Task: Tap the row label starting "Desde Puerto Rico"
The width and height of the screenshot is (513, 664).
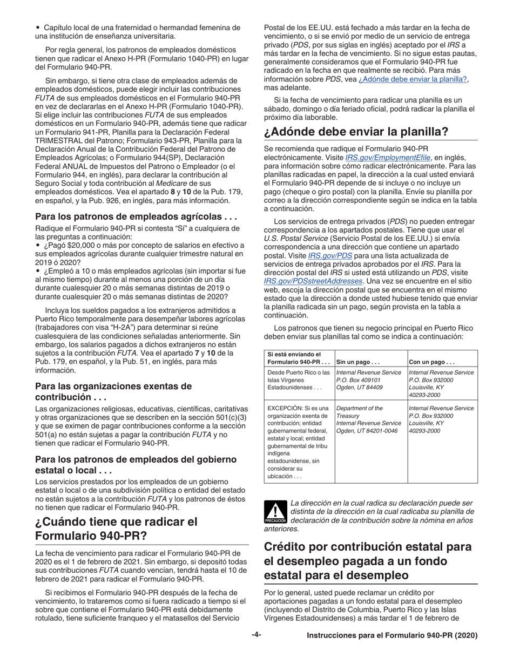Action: (298, 381)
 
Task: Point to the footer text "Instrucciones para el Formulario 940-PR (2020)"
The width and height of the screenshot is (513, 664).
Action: (392, 636)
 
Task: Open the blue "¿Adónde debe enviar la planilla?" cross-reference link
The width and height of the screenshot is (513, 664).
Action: (409, 79)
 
